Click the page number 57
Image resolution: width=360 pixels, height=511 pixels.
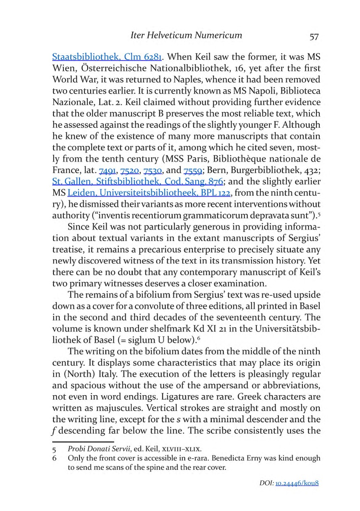(313, 36)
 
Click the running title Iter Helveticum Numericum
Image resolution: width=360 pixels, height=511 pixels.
(186, 35)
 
